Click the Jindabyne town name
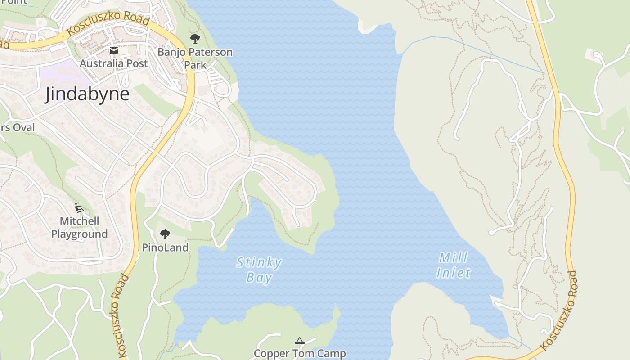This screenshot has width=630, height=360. pos(87,94)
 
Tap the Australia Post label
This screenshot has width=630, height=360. pos(113,63)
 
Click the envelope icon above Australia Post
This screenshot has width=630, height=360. pos(113,50)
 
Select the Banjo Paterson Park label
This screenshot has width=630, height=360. pos(195,58)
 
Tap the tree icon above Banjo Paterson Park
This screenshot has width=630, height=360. pos(195,38)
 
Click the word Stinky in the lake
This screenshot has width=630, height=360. pos(259,262)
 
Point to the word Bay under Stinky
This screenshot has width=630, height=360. pos(259,278)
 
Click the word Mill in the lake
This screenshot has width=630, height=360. pos(453,258)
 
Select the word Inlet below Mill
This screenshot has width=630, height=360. pos(453,273)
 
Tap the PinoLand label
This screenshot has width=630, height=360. pos(165,247)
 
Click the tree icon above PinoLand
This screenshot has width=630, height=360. pos(165,234)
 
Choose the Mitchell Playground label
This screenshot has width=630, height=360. pos(79,228)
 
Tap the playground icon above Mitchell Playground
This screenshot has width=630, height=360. pos(79,207)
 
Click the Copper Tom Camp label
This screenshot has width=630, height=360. pos(300,354)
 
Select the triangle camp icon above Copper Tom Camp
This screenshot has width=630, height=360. pos(300,341)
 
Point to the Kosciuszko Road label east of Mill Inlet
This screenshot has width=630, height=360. pos(559,310)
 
